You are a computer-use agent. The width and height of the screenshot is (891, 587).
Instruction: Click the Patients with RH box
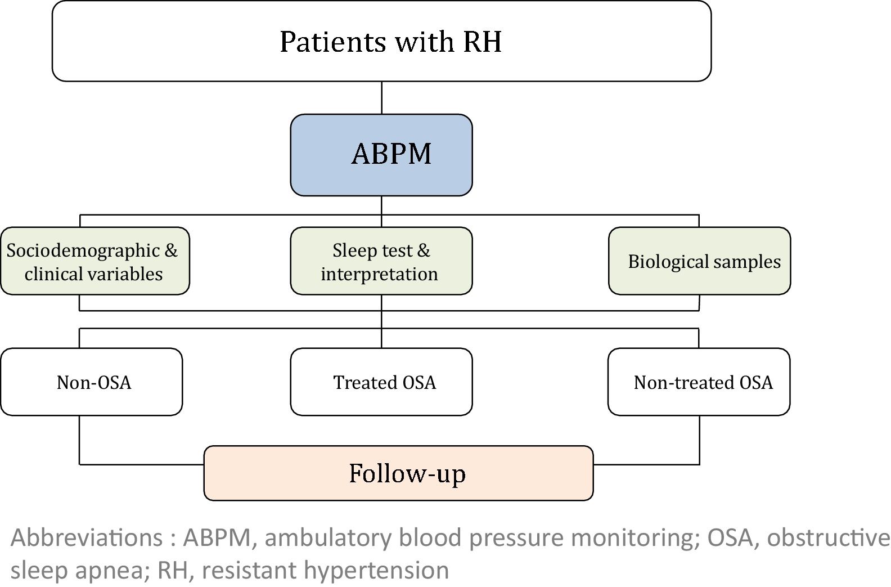[x=381, y=41]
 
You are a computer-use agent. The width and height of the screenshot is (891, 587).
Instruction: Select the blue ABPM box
[x=381, y=155]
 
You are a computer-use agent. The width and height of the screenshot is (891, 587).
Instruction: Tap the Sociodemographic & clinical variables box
[x=94, y=261]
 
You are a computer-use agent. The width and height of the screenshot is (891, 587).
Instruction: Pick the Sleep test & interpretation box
[x=381, y=261]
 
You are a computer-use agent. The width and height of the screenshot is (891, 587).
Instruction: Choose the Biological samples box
[x=699, y=261]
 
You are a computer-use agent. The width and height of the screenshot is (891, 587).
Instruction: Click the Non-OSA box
[x=92, y=382]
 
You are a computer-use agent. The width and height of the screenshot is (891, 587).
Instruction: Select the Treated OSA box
[x=381, y=382]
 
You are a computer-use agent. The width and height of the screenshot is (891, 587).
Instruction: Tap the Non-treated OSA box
[x=699, y=382]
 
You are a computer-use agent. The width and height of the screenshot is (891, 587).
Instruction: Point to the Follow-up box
[x=398, y=473]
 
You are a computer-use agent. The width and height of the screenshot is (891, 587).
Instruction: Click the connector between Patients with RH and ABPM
[x=382, y=98]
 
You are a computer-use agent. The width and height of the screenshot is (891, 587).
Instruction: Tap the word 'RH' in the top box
[x=482, y=42]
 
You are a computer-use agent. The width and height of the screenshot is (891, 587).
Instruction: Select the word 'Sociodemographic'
[x=83, y=250]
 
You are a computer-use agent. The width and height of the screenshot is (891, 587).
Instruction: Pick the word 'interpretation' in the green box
[x=379, y=274]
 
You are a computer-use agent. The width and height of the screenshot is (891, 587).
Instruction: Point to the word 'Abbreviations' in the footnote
[x=87, y=537]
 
